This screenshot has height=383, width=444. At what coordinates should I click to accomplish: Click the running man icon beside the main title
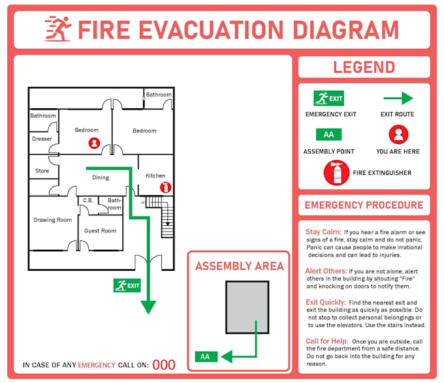[57, 29]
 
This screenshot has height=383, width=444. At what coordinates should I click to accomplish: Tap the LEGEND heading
[364, 67]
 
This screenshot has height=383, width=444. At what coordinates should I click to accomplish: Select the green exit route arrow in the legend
[398, 99]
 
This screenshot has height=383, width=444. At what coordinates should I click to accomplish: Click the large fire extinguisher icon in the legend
[336, 173]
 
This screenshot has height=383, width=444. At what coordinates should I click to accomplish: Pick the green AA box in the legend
[328, 135]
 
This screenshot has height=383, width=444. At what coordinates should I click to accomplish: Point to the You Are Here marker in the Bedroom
[95, 143]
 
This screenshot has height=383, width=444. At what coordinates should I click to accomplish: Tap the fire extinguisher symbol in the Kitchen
[165, 187]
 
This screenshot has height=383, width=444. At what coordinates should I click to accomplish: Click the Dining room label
[100, 177]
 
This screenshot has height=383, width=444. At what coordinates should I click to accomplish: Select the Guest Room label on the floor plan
[101, 231]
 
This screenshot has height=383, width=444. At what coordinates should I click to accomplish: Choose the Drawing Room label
[53, 220]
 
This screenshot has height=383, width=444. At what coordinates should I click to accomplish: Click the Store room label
[42, 171]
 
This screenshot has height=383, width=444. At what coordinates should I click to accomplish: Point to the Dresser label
[42, 139]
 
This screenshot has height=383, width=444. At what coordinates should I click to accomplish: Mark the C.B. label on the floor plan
[88, 200]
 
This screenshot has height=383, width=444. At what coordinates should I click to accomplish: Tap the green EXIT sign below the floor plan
[127, 285]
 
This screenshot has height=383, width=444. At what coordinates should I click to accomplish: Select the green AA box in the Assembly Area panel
[205, 357]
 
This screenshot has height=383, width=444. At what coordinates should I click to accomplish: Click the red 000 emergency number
[164, 365]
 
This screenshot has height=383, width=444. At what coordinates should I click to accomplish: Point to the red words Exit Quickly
[325, 303]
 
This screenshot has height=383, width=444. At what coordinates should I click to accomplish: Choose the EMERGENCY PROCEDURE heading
[364, 205]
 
